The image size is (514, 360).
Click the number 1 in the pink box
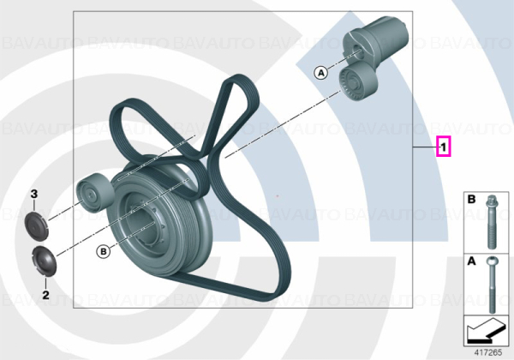[443, 147]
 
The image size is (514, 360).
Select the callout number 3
[34, 194]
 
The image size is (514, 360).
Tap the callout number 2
[45, 295]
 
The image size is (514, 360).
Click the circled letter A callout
[321, 73]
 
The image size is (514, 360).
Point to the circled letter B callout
[104, 251]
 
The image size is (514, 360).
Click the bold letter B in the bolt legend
[471, 199]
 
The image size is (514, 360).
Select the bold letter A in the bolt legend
[471, 261]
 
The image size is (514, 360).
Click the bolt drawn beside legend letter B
[492, 221]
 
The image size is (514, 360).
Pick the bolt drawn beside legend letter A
[492, 284]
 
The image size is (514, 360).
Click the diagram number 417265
[488, 352]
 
